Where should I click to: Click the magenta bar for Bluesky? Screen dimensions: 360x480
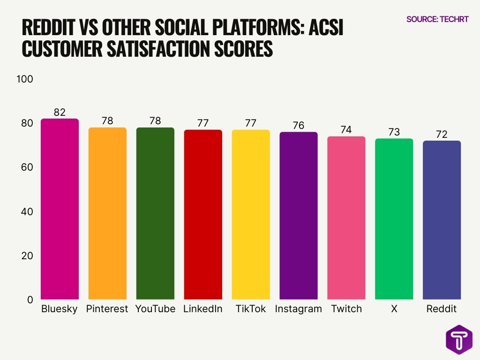(60, 209)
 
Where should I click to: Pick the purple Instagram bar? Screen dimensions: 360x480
(298, 216)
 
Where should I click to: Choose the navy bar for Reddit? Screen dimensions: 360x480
(442, 220)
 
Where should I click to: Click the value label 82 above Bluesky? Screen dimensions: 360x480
(60, 112)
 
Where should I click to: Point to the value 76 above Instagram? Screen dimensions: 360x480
(298, 125)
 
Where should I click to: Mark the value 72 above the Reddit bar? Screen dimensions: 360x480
(442, 134)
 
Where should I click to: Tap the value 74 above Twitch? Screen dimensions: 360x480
(346, 130)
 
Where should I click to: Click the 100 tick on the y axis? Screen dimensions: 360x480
(25, 79)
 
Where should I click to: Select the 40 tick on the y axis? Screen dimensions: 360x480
(27, 211)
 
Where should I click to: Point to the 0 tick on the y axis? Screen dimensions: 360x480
(30, 300)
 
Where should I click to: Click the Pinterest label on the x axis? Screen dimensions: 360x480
(107, 309)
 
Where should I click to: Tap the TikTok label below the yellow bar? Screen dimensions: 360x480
(250, 309)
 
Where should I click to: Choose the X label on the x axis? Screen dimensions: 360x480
(394, 309)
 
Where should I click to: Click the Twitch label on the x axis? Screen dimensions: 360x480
(346, 309)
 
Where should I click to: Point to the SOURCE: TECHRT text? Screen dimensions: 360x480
(437, 19)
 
